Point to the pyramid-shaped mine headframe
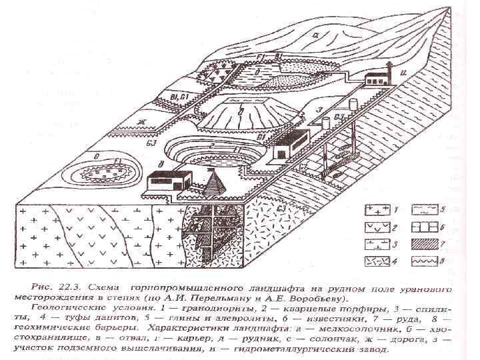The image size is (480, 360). pos(214,181)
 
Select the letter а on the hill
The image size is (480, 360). pos(319,35)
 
